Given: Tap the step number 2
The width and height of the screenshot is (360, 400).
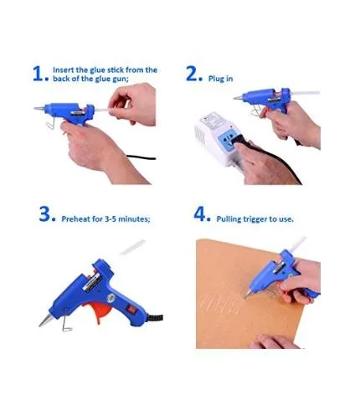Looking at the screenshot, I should coord(193,74).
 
